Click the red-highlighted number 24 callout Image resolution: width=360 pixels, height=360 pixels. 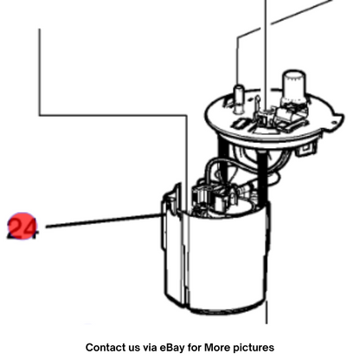(22, 227)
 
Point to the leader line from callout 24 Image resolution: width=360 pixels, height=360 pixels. (103, 221)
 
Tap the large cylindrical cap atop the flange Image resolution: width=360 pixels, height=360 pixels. (293, 87)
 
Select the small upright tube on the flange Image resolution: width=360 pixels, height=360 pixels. (239, 97)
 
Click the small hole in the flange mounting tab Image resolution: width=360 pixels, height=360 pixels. (334, 122)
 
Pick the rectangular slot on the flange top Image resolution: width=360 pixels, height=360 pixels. (240, 124)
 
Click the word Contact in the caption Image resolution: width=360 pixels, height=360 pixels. (106, 347)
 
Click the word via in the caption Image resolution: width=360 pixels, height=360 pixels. (150, 347)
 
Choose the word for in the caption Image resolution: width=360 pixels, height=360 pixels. (195, 347)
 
